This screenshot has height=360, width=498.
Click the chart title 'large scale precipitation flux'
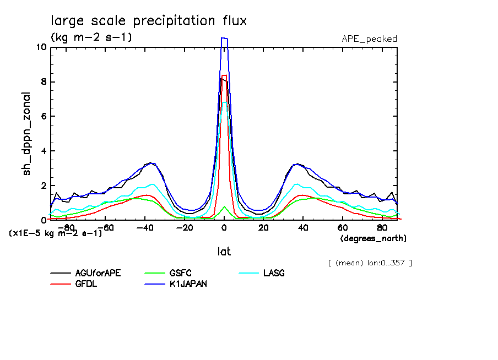pos(149,21)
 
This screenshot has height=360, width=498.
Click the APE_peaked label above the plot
pos(369,39)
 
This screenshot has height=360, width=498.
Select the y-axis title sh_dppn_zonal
pos(27,134)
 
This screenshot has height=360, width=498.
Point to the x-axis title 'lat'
pos(224,251)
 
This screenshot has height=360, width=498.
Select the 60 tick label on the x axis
pos(342,227)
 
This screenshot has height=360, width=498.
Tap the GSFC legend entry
pos(181,274)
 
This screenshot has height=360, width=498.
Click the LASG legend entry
pos(274,274)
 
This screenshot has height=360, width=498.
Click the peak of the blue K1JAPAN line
pos(224,38)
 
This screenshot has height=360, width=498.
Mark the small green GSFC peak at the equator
pos(224,207)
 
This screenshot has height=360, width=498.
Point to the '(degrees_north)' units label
pos(373,238)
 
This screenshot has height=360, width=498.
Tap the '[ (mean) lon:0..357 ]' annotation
pos(370,263)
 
